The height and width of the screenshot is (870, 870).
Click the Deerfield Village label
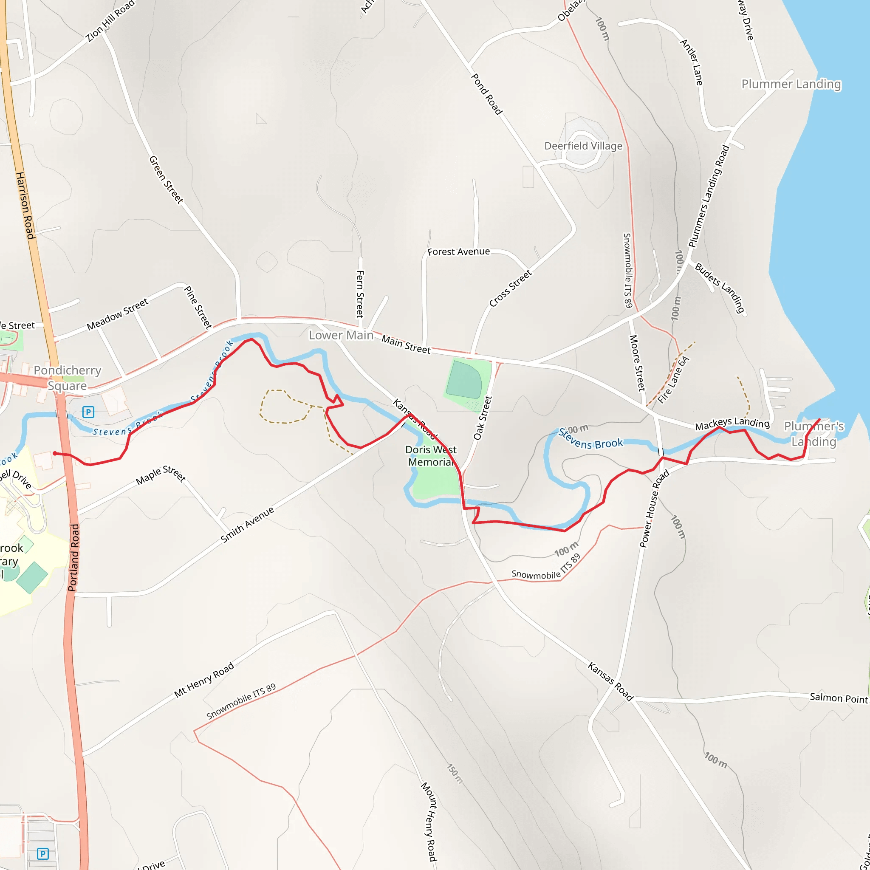[583, 146]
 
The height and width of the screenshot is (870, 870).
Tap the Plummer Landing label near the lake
[791, 84]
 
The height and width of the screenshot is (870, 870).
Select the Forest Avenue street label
[458, 252]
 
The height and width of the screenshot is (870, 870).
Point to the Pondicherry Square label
[68, 378]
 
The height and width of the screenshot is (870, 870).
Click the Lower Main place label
[341, 335]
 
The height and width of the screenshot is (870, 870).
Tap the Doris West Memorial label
[430, 456]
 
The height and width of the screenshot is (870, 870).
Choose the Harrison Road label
[25, 205]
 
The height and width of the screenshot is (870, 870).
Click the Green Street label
[166, 180]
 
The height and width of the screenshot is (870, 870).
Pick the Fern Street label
[360, 294]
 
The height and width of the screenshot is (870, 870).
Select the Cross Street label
[511, 288]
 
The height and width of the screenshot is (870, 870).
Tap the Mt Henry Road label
[204, 680]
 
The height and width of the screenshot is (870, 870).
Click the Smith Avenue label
[247, 525]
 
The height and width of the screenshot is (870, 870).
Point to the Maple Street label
[161, 475]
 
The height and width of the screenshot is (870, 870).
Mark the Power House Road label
[654, 508]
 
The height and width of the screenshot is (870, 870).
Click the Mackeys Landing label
[732, 423]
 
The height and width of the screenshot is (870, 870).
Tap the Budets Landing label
[720, 288]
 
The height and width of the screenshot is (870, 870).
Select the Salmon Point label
[839, 698]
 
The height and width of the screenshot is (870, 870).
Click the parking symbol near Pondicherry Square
[88, 412]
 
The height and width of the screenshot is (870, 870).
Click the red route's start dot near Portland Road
[54, 453]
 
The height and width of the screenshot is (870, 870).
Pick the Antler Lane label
[692, 62]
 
